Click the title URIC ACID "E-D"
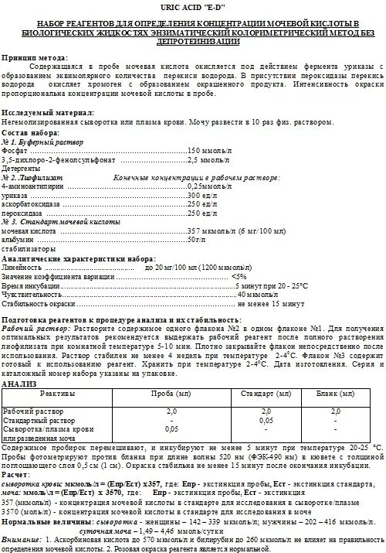point(192,7)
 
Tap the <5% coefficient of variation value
point(239,276)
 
